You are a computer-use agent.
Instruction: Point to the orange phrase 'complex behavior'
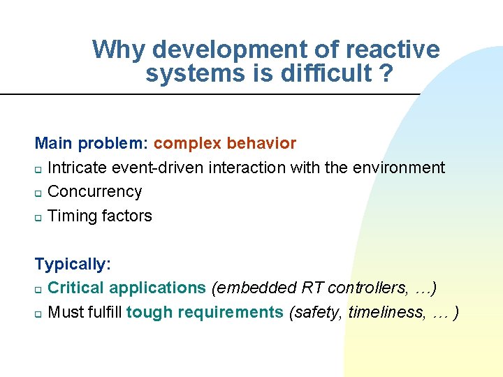click(225, 144)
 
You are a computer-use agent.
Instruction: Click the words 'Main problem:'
click(92, 144)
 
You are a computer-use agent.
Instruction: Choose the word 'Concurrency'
click(94, 191)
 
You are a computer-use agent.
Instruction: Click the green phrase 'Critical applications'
click(126, 288)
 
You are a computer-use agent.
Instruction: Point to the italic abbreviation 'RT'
click(313, 288)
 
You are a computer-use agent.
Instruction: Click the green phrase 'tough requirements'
click(205, 312)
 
